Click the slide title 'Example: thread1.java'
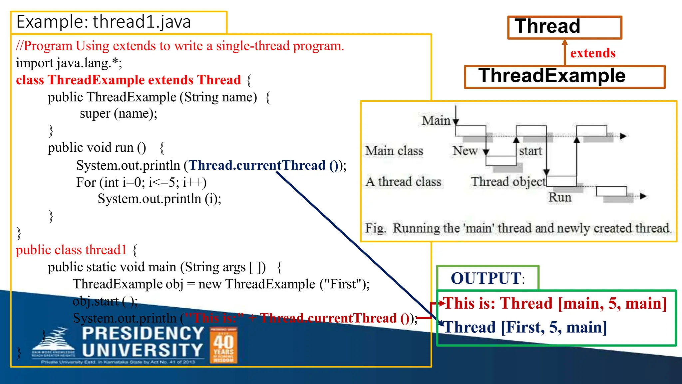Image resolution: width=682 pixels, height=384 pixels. [104, 22]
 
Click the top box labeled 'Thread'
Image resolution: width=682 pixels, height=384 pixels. [564, 27]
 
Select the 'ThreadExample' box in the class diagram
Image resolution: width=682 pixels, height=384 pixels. [564, 76]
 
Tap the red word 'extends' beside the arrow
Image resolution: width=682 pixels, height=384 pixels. [593, 53]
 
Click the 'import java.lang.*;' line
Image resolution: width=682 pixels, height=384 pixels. [69, 63]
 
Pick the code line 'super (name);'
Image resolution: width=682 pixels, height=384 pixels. [118, 114]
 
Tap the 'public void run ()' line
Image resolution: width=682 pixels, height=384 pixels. [97, 148]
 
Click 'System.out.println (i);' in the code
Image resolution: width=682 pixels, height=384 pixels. [159, 199]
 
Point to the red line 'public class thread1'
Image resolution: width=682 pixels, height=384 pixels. [72, 250]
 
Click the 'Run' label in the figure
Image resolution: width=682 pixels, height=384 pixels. [560, 197]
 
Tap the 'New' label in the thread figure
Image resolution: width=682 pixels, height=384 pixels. [465, 151]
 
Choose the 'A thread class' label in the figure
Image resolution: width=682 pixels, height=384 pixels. [403, 182]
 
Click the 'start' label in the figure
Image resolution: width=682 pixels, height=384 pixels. [530, 151]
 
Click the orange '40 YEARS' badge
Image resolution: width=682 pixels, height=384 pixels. [223, 345]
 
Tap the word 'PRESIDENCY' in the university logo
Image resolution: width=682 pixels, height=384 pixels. [143, 333]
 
